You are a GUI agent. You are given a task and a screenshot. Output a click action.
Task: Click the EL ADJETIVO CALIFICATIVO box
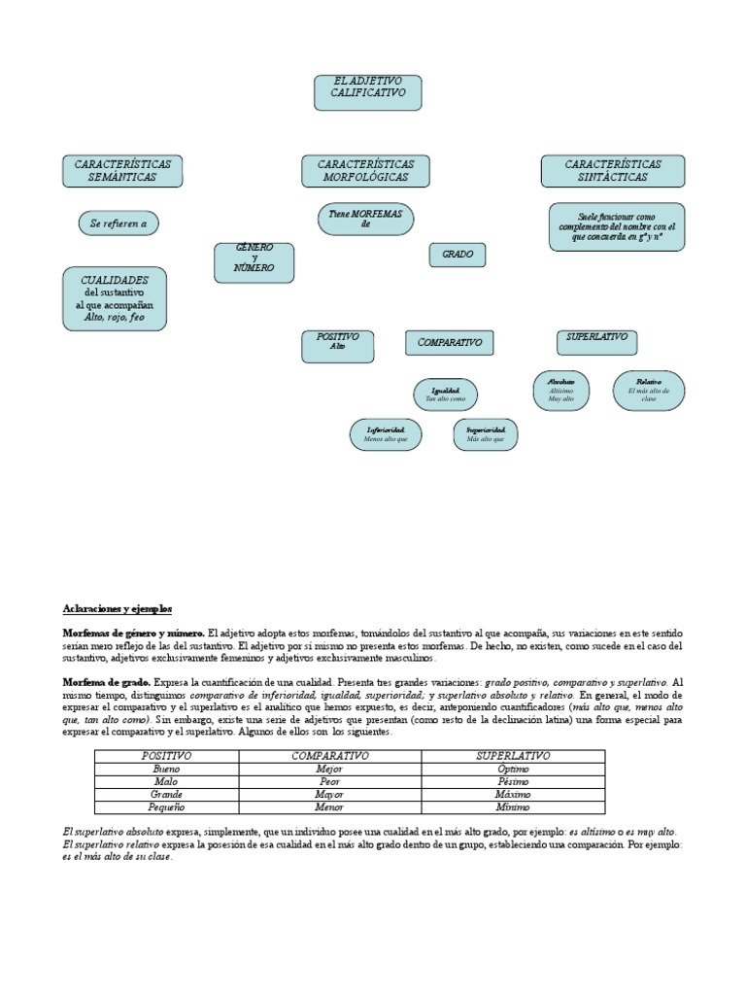366,91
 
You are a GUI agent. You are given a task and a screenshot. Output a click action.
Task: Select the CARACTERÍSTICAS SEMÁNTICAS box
122,172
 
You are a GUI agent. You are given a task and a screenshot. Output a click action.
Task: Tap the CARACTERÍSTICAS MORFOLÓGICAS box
364,172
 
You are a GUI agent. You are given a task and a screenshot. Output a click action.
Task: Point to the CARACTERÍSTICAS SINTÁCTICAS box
613,172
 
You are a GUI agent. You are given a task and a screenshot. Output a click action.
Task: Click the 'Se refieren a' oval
119,223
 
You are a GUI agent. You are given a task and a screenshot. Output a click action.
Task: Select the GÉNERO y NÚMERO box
254,261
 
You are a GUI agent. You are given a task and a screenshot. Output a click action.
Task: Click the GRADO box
458,255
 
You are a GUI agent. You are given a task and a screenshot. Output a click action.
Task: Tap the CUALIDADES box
115,298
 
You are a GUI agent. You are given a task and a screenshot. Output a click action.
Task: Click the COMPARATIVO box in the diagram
449,343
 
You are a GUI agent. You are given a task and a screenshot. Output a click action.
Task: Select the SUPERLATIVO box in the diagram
596,339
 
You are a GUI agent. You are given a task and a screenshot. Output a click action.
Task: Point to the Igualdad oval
446,395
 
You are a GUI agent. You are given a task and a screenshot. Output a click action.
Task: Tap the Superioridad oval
486,433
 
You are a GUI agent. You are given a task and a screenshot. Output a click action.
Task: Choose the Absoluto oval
561,389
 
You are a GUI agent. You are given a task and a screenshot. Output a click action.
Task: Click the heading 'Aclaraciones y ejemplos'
118,607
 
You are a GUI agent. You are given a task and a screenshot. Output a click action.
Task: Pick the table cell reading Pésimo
514,780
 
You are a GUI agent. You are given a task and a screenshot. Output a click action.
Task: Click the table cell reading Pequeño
167,806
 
